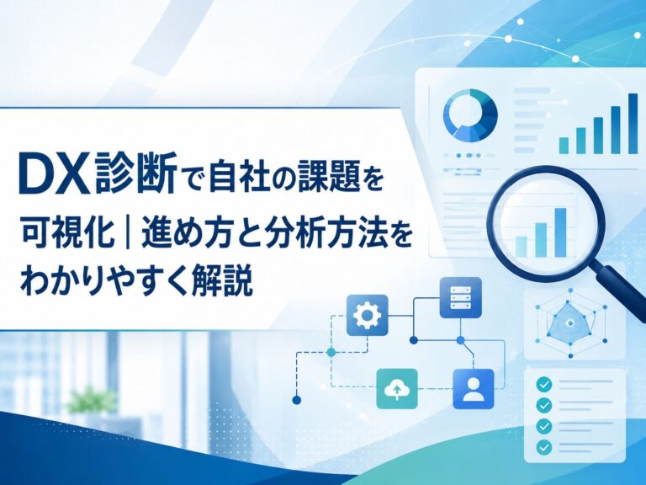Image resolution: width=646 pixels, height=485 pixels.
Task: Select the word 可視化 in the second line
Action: pos(67,232)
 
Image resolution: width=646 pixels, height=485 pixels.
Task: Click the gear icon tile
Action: pos(368,315)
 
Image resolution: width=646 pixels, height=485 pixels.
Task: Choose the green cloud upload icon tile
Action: pos(397,389)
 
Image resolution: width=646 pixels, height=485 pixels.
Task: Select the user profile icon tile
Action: pos(473,389)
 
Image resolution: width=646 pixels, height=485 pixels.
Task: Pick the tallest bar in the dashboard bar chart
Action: pos(633,123)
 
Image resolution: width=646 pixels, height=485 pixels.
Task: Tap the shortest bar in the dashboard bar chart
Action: pos(564,146)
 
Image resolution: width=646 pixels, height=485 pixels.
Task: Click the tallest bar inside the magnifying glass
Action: pos(561,232)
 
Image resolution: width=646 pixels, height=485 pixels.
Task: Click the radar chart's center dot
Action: pos(570,323)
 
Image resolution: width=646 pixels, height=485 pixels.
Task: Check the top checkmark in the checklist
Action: pos(544,385)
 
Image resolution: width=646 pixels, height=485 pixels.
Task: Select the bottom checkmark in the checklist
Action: pos(544,446)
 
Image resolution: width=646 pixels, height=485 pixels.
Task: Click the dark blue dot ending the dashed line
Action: pos(296,400)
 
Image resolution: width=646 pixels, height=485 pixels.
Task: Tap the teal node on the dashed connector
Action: pos(331,352)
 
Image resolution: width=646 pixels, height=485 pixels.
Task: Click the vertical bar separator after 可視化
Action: pos(128,232)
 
